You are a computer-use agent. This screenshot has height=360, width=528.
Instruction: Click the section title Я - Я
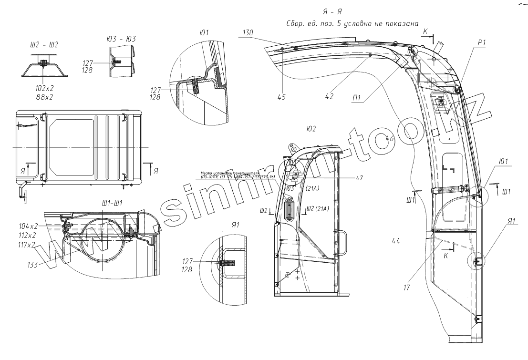(332, 11)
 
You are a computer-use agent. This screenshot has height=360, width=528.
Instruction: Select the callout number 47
(359, 178)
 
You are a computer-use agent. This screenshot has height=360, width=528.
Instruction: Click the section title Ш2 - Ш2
(44, 44)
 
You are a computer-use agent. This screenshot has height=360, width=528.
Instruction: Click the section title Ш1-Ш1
(113, 203)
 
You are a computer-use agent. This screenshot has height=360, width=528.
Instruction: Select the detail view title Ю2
(311, 129)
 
